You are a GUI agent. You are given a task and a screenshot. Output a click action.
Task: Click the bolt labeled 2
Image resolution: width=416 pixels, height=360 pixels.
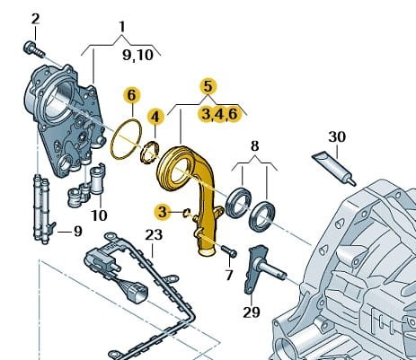pos(33,50)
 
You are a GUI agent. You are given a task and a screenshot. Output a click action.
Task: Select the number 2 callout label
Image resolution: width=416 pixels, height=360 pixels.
pos(35,19)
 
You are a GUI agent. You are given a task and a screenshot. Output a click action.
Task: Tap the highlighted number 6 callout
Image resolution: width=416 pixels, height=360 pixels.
pos(132,96)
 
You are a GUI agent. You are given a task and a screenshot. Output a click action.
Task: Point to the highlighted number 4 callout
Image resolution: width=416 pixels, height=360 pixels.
pos(155,117)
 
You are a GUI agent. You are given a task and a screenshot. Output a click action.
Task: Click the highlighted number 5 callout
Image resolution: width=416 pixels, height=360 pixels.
pos(208,87)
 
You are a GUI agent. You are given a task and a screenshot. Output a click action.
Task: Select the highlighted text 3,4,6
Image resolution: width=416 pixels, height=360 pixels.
pos(219,114)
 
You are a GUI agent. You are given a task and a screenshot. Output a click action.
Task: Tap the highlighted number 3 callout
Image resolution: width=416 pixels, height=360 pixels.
pos(162,213)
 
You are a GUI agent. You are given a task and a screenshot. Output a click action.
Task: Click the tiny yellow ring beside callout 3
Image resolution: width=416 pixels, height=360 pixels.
pos(187,213)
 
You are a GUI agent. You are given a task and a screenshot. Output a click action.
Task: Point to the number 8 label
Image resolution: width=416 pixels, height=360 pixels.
pos(254,146)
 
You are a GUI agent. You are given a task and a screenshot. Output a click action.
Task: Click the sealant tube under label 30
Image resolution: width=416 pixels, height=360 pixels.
pos(334,169)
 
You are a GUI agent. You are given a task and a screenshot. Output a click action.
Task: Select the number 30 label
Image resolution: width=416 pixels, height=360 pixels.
pos(337,136)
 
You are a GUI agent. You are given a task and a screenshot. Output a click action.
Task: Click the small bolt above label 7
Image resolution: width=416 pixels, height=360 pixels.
pos(229,251)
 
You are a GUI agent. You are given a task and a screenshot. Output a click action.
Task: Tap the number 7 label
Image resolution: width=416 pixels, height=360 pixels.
pos(229,275)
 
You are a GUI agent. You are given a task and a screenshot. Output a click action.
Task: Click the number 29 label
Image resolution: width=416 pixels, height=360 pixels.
pos(252,312)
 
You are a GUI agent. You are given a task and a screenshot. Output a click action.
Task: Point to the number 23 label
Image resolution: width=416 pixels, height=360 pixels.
pos(154,235)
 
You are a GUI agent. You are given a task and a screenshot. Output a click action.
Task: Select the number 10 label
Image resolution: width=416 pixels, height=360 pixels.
pos(99,215)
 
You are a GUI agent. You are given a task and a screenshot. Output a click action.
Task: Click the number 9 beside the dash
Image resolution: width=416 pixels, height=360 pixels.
pos(77,232)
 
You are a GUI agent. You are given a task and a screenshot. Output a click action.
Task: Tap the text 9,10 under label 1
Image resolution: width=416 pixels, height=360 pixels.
pos(137,55)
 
